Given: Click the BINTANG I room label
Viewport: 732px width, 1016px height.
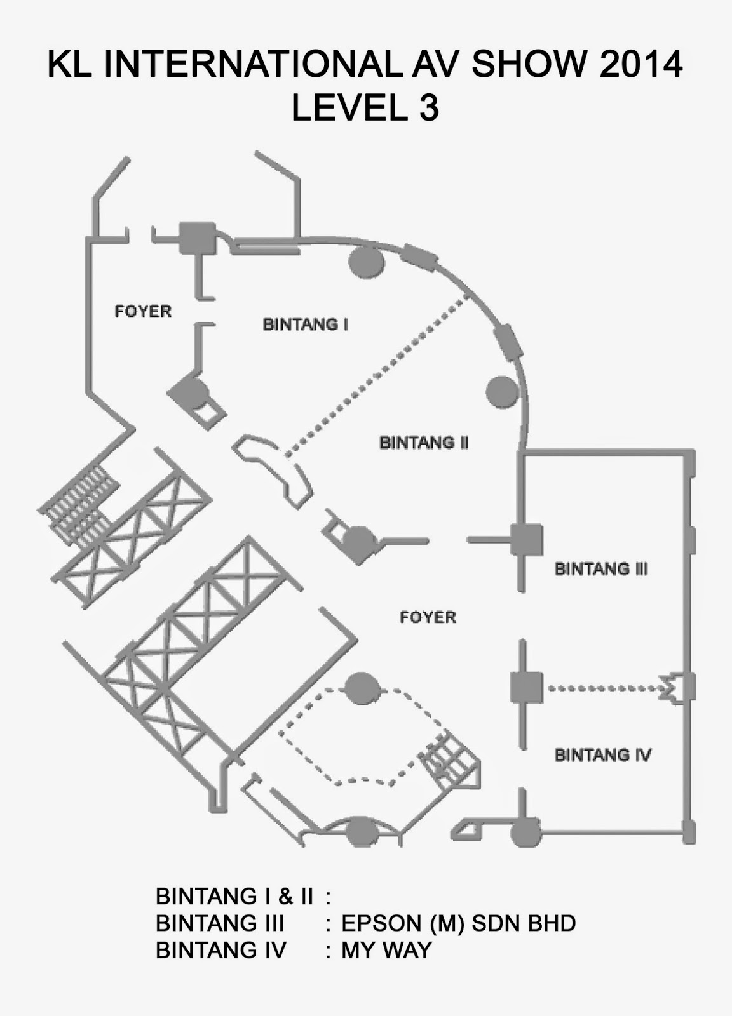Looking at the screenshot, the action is [305, 324].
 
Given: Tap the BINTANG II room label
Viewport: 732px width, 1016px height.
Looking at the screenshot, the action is [424, 442].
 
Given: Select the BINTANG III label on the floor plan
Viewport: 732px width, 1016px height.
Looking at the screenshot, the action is [601, 568].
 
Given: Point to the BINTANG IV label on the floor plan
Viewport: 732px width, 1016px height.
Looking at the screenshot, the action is [602, 754].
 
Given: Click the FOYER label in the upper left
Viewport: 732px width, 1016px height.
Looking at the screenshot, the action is [143, 311].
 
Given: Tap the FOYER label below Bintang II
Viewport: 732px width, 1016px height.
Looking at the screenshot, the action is [428, 617].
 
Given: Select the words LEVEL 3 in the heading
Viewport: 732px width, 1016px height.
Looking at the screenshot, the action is [365, 108].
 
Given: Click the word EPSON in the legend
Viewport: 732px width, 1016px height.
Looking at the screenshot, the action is [381, 923].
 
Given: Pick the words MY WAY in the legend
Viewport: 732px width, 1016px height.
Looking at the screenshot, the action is [386, 950].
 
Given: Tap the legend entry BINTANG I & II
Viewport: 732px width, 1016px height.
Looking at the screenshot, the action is [234, 896].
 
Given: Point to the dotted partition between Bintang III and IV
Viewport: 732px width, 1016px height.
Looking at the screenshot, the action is [604, 688].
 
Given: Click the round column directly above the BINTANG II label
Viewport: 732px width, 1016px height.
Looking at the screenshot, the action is [502, 392].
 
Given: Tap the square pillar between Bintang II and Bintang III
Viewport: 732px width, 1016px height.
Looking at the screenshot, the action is [526, 540].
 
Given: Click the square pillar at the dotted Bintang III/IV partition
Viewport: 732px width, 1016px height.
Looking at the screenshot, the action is [526, 688].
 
